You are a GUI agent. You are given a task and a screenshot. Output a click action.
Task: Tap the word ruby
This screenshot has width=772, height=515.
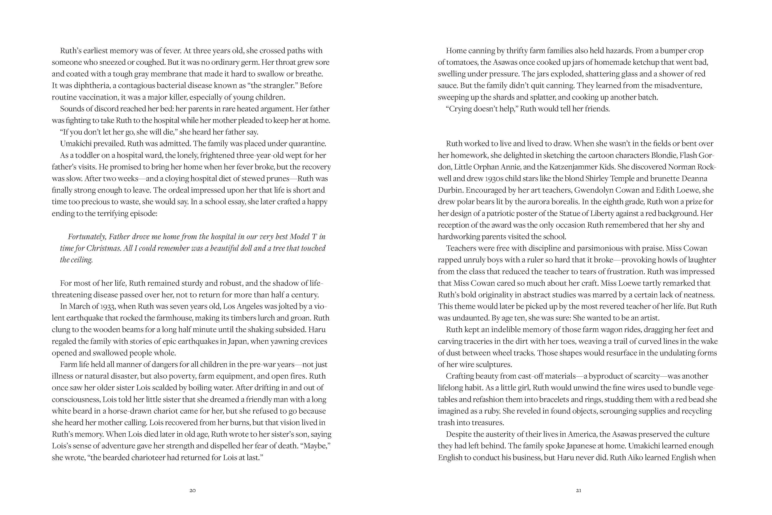490,411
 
